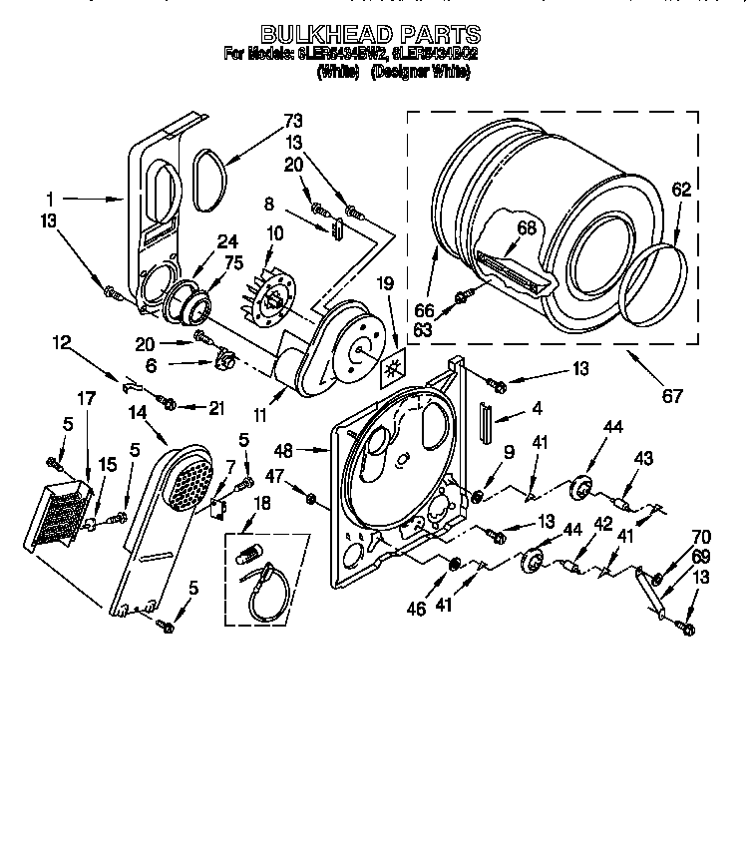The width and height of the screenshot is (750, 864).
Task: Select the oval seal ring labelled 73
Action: click(x=208, y=180)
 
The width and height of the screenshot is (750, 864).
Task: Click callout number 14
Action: click(x=139, y=409)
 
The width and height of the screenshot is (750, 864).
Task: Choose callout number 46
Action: click(x=415, y=606)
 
